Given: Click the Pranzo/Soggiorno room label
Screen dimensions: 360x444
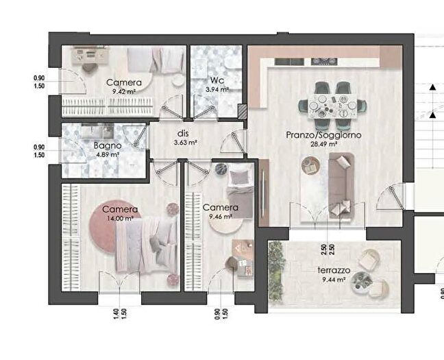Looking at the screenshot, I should [323, 135].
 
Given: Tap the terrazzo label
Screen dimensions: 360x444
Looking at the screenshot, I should [334, 271].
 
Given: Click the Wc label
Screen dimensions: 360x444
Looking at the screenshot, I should [215, 80].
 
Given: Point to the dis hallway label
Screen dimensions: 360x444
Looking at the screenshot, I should [183, 134].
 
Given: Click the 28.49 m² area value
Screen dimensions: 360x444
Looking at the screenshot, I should [323, 145].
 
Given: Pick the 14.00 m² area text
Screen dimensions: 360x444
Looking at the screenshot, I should [120, 218].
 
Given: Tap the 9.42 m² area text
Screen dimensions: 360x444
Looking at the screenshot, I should [123, 91].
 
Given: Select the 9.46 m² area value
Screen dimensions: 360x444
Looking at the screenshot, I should [220, 216].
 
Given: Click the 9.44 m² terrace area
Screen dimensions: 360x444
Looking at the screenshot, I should [334, 280].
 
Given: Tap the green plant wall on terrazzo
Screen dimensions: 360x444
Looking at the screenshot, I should [276, 274].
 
